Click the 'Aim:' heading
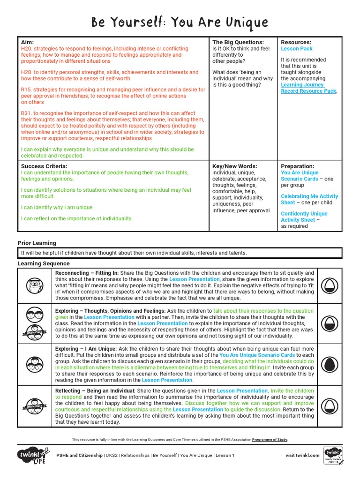[x=27, y=42]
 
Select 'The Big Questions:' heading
[x=238, y=42]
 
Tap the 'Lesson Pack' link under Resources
[x=297, y=49]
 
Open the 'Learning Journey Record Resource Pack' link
[x=308, y=88]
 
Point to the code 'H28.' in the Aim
[x=27, y=72]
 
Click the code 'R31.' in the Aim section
[x=27, y=113]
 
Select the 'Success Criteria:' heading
[x=44, y=166]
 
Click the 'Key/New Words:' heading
[x=234, y=166]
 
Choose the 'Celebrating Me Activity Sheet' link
[x=309, y=199]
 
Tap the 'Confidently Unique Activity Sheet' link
[x=304, y=217]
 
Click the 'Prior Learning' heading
[x=37, y=243]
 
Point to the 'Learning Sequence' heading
[x=44, y=263]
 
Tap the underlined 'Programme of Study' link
[x=270, y=440]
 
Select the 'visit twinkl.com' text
[x=302, y=455]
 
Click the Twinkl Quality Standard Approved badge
[x=333, y=455]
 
